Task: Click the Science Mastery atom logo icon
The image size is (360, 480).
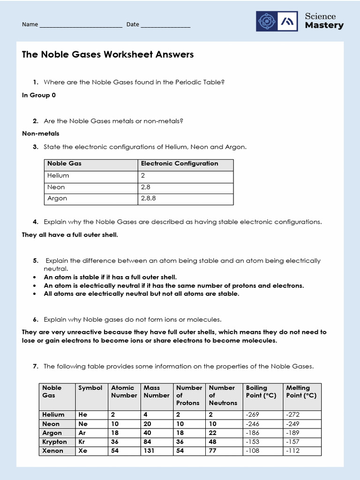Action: pos(267,21)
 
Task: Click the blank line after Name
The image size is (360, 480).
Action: pos(81,26)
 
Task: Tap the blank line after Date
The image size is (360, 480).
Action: pos(165,26)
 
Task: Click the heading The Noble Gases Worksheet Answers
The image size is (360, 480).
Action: pos(108,55)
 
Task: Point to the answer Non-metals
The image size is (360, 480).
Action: pos(41,134)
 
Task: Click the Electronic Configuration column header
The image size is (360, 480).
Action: pos(180,164)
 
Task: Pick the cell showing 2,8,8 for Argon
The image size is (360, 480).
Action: pos(148,198)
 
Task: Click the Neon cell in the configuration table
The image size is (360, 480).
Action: pos(56,187)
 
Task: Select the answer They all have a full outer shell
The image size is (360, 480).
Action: pos(70,235)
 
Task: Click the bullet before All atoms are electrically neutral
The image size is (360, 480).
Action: pos(35,294)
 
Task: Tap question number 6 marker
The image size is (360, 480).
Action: pos(36,320)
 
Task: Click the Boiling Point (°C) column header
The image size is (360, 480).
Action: pos(261,391)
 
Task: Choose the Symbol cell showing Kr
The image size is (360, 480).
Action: pos(82,442)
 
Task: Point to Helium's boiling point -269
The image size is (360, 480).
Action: pos(253,414)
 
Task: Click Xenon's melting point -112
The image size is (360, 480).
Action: pos(292,450)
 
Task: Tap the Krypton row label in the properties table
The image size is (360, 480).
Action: pos(55,442)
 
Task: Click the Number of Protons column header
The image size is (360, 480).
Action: pos(189,395)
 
